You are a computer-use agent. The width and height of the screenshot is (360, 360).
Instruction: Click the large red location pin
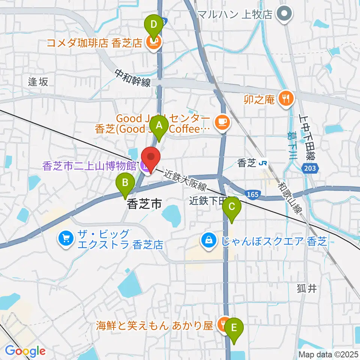point(151,159)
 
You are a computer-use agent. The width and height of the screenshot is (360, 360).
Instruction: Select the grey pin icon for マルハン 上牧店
point(283,14)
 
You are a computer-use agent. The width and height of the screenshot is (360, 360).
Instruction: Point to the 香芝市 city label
point(144,204)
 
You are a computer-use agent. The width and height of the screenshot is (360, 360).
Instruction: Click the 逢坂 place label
point(38,82)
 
